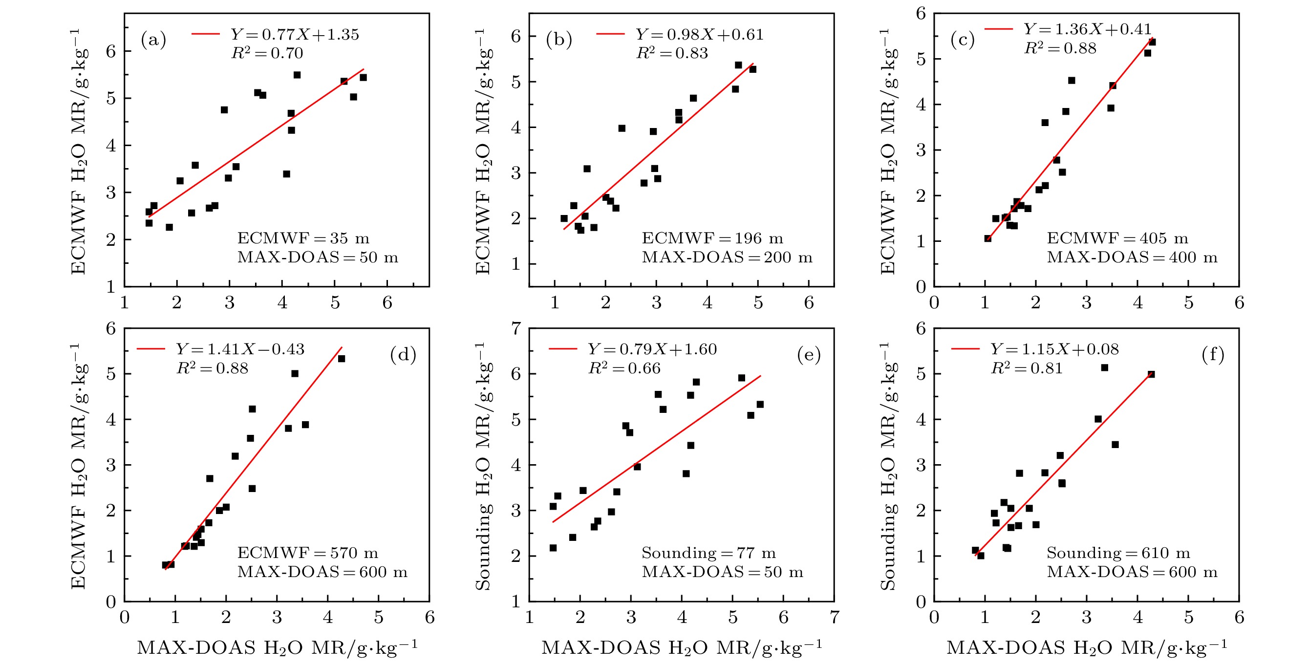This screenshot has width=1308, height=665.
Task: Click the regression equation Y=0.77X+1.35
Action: point(295,35)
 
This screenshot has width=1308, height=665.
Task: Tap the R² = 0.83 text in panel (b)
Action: point(672,53)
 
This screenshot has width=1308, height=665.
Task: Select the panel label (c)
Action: point(962,40)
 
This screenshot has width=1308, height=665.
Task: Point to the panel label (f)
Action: point(1213,354)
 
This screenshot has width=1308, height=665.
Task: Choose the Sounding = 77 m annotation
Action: point(708,553)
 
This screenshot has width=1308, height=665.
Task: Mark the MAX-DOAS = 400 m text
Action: point(1132,257)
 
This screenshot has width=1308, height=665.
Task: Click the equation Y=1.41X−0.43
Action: point(240,349)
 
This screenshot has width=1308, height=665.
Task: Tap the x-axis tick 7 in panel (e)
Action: point(834,617)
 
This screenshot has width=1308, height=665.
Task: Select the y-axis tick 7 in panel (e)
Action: point(516,329)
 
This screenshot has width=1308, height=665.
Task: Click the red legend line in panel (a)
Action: point(205,34)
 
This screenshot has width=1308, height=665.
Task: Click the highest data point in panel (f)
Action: point(1104,367)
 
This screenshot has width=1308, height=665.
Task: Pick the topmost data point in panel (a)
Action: point(297,75)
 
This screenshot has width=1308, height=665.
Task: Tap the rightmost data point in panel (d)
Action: point(341,358)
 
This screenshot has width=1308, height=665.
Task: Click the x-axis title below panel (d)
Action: point(277,648)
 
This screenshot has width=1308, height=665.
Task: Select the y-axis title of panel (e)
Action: point(482,466)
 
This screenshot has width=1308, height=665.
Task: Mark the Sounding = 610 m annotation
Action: point(1118,553)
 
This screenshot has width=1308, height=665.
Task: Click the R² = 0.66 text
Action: point(624,368)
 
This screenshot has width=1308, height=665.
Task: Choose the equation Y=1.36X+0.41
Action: point(1087,29)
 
